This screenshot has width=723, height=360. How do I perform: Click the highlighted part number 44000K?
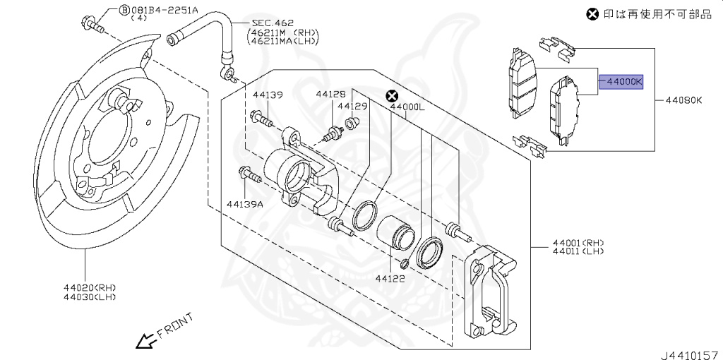click(x=621, y=82)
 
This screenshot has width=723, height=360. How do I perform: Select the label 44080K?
click(x=683, y=100)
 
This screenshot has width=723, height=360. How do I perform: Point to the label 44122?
click(x=390, y=278)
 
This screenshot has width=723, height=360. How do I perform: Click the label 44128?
click(x=330, y=95)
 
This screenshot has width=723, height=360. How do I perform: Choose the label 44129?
click(x=353, y=107)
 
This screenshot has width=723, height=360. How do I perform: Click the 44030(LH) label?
click(x=90, y=297)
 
